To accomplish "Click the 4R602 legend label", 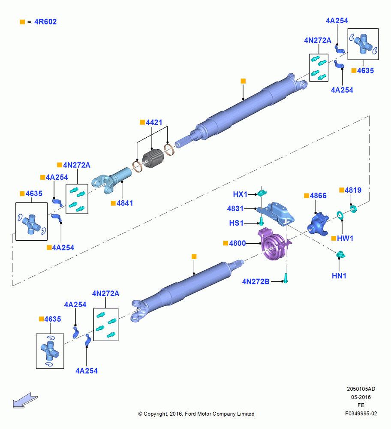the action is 45,22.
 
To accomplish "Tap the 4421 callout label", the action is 154,122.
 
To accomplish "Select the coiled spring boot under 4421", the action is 153,158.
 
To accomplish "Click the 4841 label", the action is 125,203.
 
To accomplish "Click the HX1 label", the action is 240,194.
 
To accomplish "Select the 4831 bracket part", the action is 276,213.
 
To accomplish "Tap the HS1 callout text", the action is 236,223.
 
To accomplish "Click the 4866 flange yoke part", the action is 318,224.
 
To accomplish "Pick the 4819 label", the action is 353,190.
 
